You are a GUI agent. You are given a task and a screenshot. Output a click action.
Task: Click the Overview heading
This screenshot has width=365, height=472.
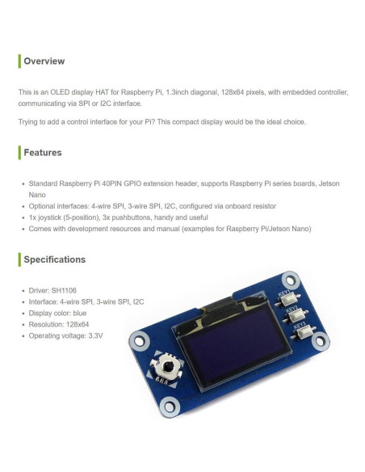(44, 61)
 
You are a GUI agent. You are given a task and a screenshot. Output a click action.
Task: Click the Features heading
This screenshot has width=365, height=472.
(42, 152)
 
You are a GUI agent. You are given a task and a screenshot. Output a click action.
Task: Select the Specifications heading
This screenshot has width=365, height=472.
(54, 259)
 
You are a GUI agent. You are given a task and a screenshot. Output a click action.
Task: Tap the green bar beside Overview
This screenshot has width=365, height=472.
(19, 61)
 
